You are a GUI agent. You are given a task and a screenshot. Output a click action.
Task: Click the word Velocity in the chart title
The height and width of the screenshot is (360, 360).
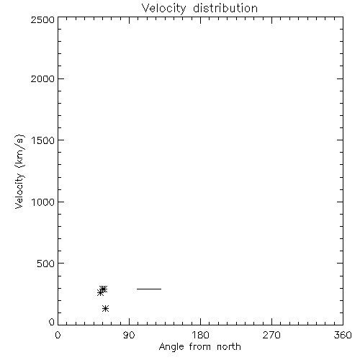164,9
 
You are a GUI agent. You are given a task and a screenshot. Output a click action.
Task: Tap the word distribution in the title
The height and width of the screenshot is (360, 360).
225,8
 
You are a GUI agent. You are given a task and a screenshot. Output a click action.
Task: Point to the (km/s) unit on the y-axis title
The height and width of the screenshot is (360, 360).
19,150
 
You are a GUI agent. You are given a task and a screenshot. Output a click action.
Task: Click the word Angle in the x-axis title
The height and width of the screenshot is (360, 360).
171,347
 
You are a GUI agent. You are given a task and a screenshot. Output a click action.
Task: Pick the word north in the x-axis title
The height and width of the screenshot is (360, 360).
229,347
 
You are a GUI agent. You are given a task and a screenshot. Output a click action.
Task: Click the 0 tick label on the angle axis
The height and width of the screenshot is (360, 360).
58,335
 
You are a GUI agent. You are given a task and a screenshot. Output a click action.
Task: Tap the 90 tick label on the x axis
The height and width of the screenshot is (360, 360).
129,335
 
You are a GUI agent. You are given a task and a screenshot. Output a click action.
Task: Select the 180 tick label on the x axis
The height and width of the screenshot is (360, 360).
200,335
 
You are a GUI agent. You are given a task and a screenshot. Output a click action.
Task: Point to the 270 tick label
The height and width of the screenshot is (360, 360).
271,335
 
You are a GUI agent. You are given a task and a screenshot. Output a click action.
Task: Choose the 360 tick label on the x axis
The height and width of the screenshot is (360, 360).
343,335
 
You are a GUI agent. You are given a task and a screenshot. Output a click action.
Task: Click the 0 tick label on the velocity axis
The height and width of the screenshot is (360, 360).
52,322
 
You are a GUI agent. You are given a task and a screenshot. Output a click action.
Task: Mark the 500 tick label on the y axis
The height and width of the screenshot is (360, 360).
46,264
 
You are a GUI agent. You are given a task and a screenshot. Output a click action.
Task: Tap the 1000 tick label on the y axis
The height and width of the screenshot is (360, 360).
43,202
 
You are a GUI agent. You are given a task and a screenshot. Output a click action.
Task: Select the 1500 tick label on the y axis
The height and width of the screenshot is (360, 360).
43,140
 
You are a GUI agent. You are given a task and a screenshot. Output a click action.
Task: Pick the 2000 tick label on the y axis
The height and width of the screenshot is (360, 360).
42,79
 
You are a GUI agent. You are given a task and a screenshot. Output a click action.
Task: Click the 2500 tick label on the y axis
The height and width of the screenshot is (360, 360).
42,19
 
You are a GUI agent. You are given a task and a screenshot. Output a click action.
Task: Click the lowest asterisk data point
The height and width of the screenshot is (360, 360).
105,308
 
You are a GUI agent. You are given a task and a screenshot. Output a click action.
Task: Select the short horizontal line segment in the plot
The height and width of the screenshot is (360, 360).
149,289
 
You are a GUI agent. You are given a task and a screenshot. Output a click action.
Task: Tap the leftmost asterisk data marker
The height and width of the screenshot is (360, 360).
100,292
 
